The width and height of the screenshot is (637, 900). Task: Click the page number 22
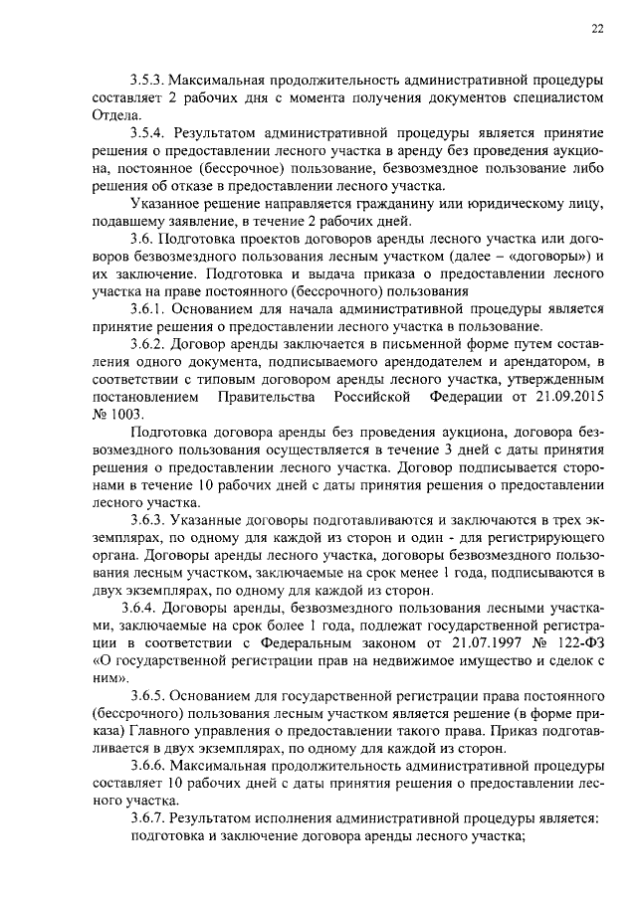pyautogui.click(x=597, y=28)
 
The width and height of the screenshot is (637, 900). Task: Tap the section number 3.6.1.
pyautogui.click(x=151, y=308)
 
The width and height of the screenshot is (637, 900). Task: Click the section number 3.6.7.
pyautogui.click(x=151, y=816)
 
